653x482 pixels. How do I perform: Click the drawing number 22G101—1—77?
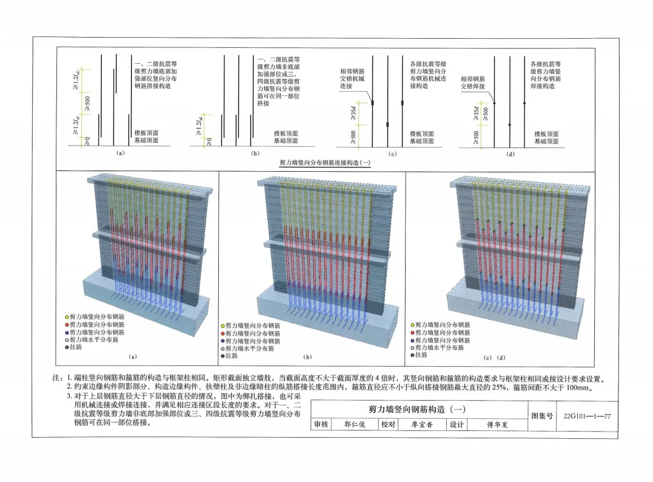(586, 416)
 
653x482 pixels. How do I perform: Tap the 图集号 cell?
(543, 416)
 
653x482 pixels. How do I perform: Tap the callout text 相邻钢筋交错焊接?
(473, 83)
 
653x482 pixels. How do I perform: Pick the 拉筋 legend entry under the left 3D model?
(76, 348)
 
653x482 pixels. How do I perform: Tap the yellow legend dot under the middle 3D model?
(223, 326)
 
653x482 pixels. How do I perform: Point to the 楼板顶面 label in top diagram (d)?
(546, 134)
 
